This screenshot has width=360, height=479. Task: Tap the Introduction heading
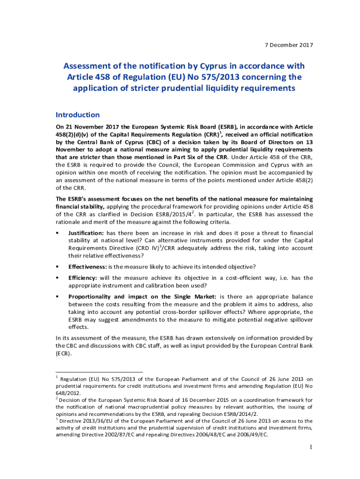(x=78, y=115)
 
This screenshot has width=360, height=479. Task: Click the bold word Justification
(x=86, y=233)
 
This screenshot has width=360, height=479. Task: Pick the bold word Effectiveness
(x=87, y=267)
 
